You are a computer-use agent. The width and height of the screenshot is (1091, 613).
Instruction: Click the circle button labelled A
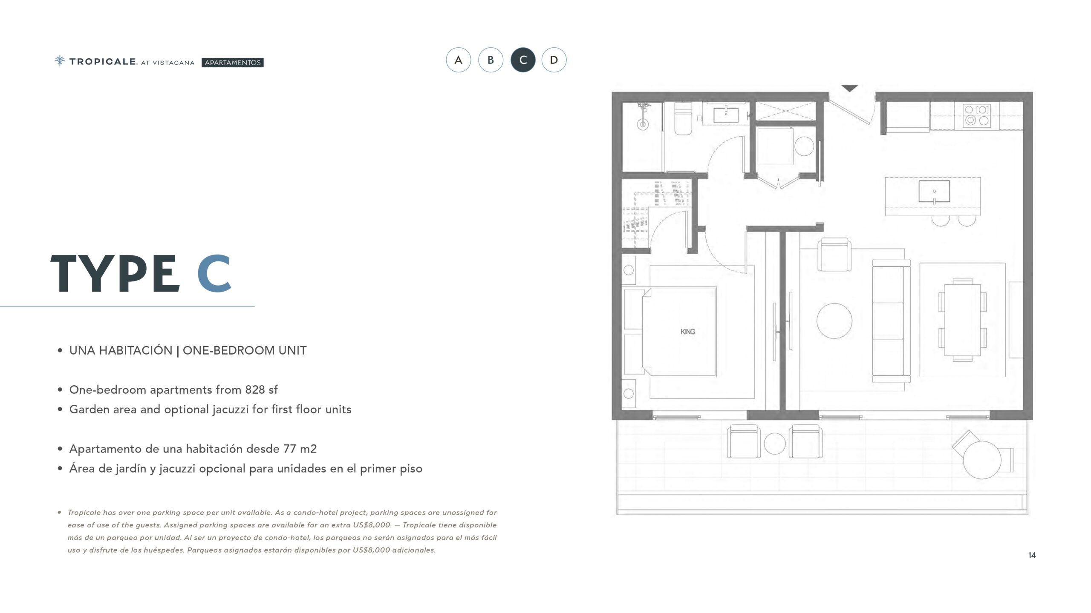[x=459, y=60]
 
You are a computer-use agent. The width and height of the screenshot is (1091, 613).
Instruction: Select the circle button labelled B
[x=491, y=60]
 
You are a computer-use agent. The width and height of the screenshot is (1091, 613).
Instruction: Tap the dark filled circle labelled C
[x=523, y=60]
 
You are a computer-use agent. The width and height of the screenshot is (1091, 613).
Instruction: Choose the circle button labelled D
[x=554, y=60]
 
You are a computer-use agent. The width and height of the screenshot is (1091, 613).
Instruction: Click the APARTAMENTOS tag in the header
[x=233, y=63]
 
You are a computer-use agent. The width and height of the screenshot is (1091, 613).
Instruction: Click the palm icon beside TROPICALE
[x=60, y=61]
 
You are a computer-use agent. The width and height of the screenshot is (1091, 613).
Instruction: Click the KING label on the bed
[x=688, y=332]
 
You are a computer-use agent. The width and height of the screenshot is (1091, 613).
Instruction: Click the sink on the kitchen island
[x=934, y=191]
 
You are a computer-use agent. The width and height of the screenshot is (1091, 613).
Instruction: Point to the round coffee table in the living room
[x=834, y=321]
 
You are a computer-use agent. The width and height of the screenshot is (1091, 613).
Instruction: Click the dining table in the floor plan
[x=963, y=321]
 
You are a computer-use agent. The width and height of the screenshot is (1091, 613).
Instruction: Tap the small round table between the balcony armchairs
[x=775, y=444]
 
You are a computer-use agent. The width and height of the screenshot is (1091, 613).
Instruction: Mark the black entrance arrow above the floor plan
[x=849, y=88]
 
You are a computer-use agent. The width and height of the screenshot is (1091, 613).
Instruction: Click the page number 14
[x=1032, y=555]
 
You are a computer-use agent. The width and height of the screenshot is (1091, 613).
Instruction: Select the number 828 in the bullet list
[x=255, y=390]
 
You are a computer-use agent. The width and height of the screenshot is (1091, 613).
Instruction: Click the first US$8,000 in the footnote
[x=372, y=525]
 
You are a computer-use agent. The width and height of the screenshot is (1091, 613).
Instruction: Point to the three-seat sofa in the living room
[x=891, y=321]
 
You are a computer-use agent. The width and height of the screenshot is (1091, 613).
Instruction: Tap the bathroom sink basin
[x=726, y=115]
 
